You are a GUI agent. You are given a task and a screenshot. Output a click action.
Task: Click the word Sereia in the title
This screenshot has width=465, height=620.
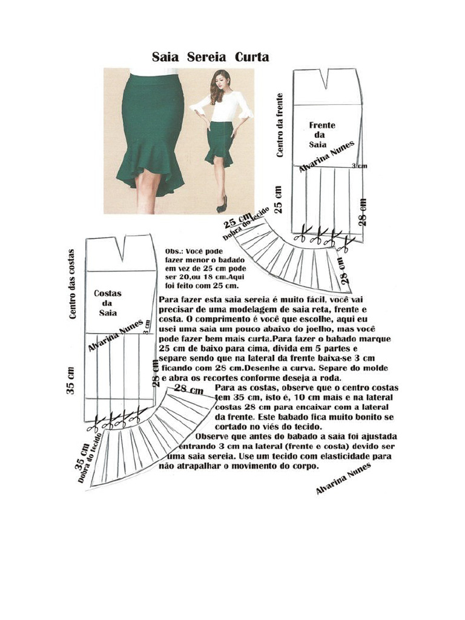[x=206, y=58]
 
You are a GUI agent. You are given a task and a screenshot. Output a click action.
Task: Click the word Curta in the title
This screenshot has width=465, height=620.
[x=252, y=58]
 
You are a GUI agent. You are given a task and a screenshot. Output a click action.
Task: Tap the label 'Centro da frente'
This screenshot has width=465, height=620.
[x=280, y=125]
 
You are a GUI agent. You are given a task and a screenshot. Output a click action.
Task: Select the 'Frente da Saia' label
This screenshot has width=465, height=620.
[x=322, y=135]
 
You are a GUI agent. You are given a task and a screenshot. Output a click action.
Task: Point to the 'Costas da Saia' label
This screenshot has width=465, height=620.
[x=108, y=303]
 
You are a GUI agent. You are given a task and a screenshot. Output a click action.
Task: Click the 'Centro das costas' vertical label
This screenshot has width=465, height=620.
[x=72, y=284]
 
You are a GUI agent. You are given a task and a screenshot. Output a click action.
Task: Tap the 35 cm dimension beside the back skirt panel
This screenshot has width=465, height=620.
[x=70, y=380]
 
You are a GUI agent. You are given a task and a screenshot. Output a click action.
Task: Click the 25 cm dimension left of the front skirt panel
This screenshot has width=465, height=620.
[x=279, y=200]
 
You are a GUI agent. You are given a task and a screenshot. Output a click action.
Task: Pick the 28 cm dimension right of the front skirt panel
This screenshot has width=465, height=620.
[x=363, y=212]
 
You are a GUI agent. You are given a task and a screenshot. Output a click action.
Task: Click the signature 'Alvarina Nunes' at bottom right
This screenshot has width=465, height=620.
[x=343, y=478]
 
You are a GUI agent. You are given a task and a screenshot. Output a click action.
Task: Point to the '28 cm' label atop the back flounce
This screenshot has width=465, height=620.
[x=189, y=389]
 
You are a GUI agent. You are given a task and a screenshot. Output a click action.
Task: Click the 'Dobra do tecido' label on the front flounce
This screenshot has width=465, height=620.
[x=246, y=223]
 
